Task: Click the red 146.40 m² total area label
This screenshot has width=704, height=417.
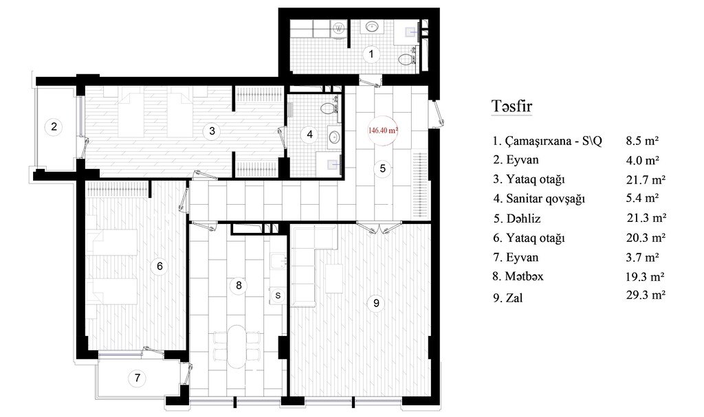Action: [384, 131]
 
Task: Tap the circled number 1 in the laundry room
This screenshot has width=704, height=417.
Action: [371, 54]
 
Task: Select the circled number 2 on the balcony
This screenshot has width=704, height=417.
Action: [54, 126]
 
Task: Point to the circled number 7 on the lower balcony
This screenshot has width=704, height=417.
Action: [137, 378]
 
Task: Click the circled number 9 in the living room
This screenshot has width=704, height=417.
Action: [376, 303]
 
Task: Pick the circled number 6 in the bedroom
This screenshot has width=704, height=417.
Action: [159, 266]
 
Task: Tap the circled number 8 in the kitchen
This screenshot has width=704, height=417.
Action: [239, 286]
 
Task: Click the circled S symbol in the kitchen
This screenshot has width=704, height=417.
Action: [278, 295]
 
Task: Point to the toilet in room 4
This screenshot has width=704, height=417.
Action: [329, 108]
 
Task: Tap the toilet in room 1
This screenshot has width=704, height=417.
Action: [407, 60]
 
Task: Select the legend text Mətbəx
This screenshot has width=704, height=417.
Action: [524, 276]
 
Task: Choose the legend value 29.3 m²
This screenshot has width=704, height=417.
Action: [646, 295]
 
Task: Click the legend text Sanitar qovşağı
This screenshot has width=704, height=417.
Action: [545, 199]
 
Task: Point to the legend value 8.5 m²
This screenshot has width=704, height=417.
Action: [643, 141]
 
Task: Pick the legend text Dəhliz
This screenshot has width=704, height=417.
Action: [523, 218]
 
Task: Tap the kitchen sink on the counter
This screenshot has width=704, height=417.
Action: [278, 260]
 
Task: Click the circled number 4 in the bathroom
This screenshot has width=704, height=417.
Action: [309, 134]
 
